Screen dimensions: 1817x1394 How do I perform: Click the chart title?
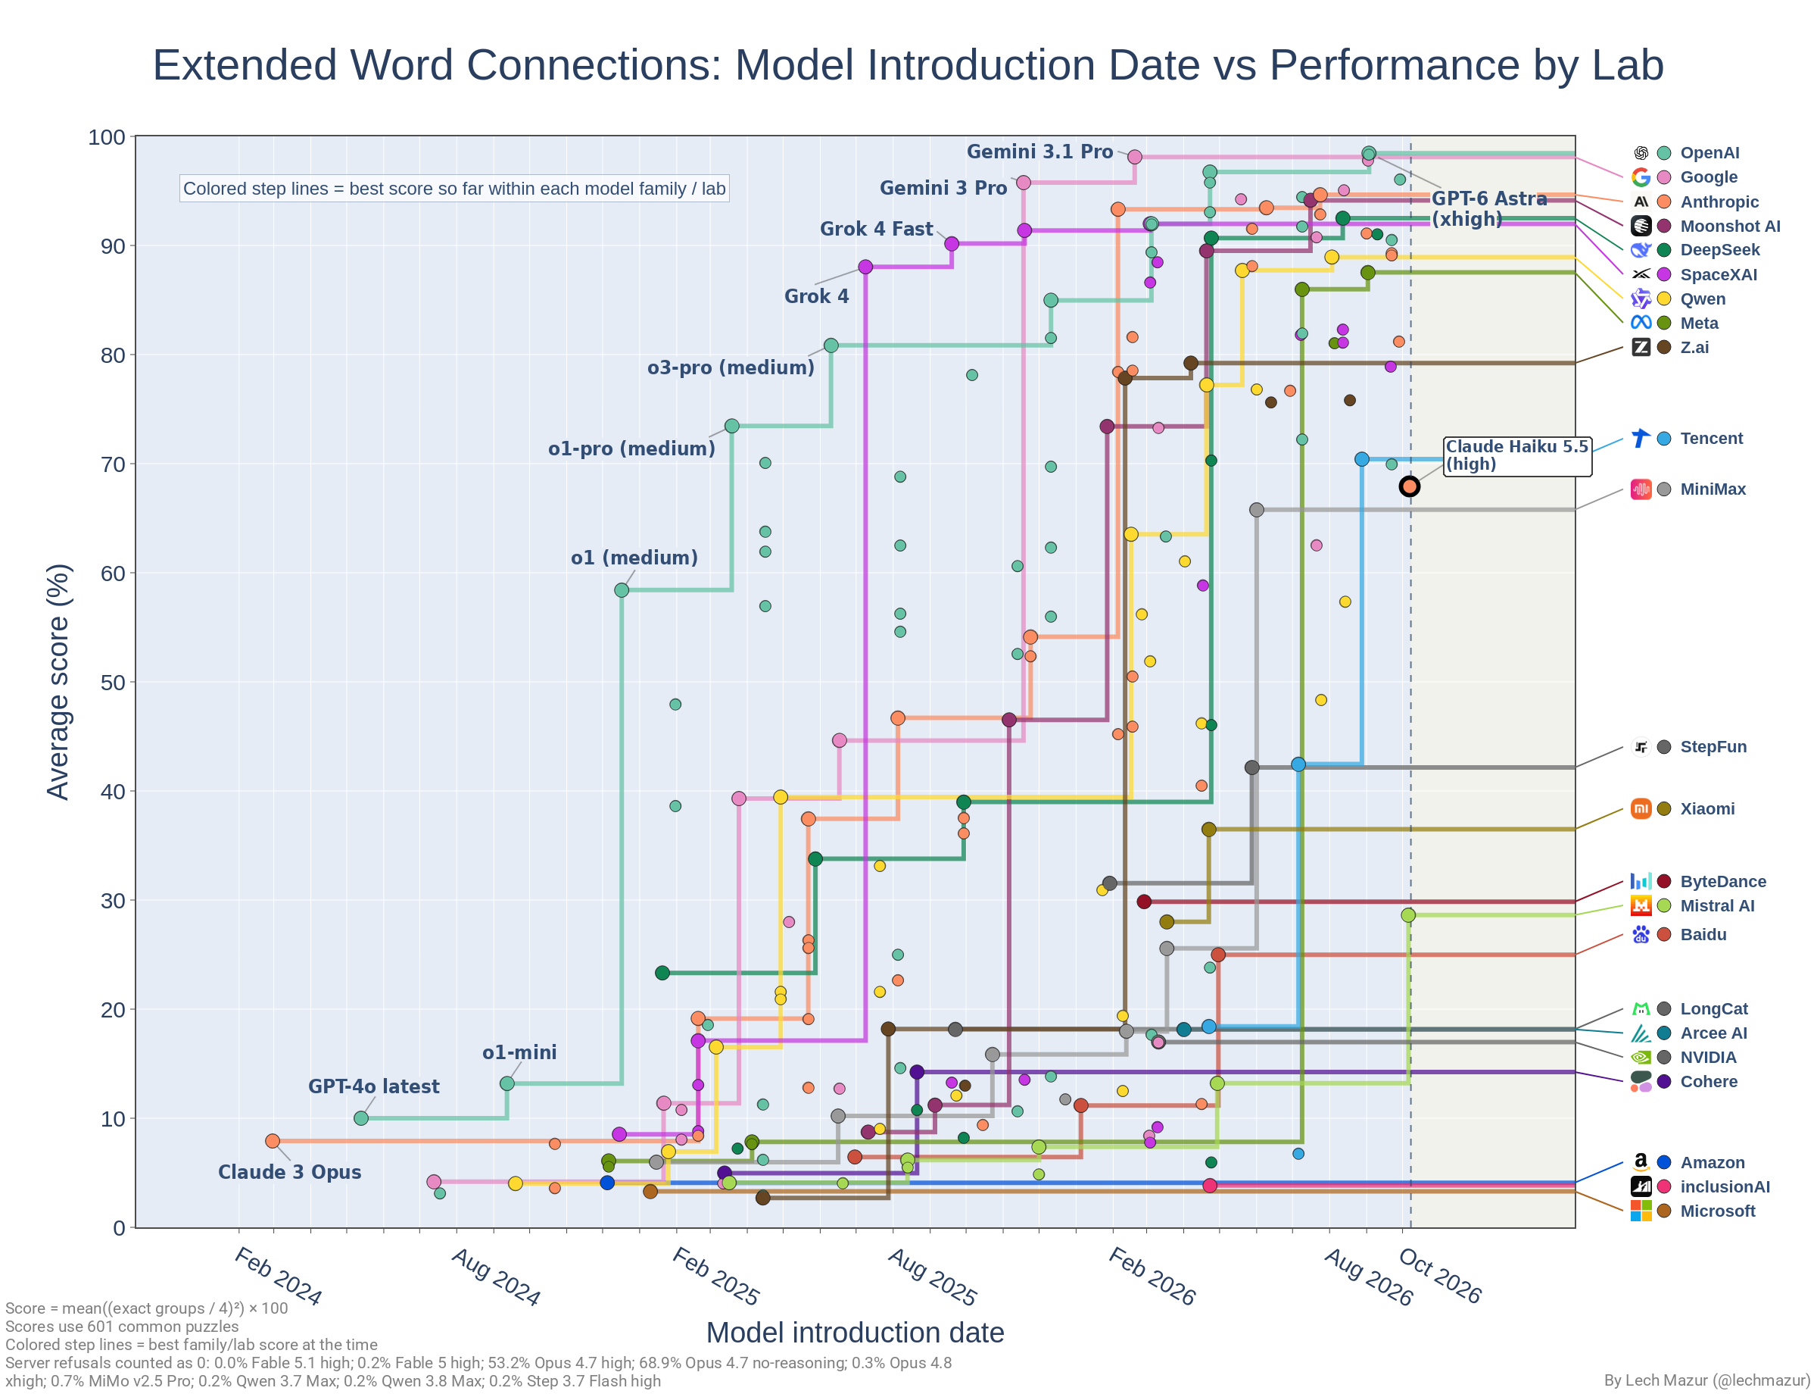[907, 64]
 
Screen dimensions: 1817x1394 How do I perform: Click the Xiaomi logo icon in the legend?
[1641, 809]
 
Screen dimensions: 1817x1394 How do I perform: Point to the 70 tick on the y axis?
[113, 464]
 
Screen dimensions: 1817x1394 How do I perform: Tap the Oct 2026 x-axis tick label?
[1440, 1275]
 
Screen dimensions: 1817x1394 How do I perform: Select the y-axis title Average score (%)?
[58, 682]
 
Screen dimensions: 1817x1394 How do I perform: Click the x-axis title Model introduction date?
[855, 1333]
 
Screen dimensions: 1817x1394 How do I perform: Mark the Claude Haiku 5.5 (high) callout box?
[1518, 456]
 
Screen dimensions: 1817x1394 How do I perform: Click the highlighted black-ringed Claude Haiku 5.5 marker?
[1409, 487]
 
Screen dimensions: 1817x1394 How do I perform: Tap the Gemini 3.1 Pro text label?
[1039, 152]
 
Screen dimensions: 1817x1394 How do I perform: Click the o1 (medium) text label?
[634, 558]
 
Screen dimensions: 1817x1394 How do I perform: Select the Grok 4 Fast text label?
[876, 229]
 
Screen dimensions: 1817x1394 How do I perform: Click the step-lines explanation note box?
[454, 189]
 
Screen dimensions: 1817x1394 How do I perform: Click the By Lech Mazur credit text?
[1706, 1380]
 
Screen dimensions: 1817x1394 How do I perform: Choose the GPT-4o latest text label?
[374, 1086]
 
